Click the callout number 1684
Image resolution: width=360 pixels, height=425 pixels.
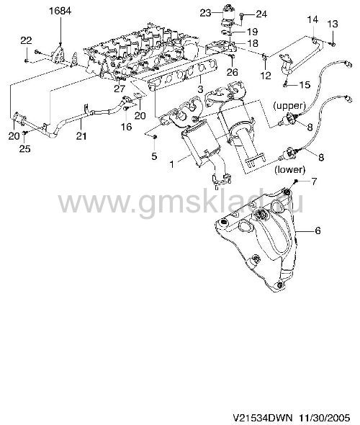click(x=60, y=11)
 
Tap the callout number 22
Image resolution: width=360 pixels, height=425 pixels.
click(x=26, y=40)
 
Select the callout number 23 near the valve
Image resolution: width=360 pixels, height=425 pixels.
click(x=205, y=13)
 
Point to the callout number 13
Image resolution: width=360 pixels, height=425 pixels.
click(x=333, y=24)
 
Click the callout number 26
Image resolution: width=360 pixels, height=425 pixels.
click(x=232, y=72)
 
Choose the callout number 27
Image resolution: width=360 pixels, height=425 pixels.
click(x=120, y=89)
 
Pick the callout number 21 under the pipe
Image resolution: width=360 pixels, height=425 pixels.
click(x=81, y=135)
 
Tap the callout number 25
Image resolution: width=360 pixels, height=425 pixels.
click(x=24, y=148)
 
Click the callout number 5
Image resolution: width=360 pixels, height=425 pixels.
click(x=154, y=156)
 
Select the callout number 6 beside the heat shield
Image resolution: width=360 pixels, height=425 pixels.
click(x=318, y=231)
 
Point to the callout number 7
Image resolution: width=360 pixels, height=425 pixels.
click(x=314, y=182)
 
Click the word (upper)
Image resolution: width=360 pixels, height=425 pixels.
click(x=289, y=106)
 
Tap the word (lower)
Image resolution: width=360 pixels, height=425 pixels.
click(x=290, y=170)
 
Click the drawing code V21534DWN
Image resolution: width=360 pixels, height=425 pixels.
click(x=263, y=417)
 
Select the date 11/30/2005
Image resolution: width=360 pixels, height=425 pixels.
click(x=324, y=417)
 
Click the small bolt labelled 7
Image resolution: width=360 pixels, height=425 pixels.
click(x=297, y=181)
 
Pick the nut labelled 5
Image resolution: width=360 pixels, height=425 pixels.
click(x=155, y=137)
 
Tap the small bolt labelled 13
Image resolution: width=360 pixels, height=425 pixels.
click(x=333, y=44)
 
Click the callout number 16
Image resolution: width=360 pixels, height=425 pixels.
click(x=126, y=127)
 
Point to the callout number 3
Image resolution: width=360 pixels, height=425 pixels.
click(x=200, y=89)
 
